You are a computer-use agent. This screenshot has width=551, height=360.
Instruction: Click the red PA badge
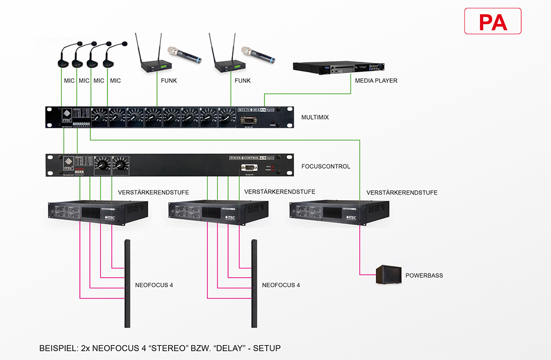(x=493, y=22)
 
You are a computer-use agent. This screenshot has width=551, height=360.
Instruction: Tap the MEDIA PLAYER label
(x=377, y=80)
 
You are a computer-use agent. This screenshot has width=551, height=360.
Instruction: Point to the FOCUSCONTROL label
(x=326, y=166)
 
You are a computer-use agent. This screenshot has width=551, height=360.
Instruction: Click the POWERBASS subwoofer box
(x=388, y=275)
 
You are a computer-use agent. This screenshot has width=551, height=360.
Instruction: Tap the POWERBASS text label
(x=424, y=275)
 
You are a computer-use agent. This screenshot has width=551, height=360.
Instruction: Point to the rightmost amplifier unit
(x=339, y=213)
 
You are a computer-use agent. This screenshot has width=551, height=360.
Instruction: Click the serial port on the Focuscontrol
(x=250, y=168)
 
